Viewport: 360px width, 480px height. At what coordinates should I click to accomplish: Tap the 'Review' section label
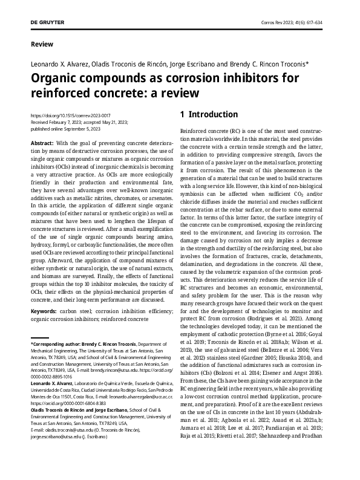point(41,44)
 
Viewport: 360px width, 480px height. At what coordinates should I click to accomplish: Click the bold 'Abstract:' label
point(41,142)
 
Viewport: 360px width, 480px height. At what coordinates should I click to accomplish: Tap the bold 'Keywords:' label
point(44,311)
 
